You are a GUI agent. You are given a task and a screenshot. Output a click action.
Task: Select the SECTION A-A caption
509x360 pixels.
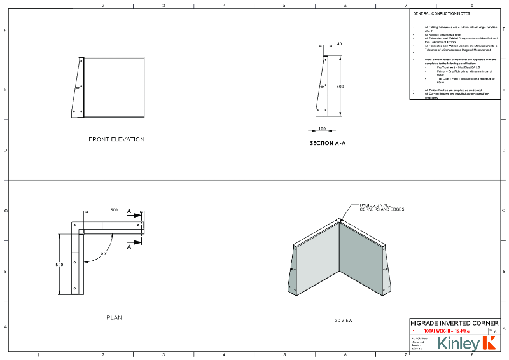click(x=328, y=144)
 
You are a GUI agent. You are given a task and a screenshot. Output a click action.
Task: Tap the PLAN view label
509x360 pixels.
click(x=114, y=317)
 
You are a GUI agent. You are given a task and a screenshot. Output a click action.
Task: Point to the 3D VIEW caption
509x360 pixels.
click(x=344, y=321)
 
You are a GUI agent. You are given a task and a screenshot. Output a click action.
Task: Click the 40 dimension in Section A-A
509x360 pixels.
click(x=339, y=44)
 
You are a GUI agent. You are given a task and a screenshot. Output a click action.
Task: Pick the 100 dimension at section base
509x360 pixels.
click(x=322, y=128)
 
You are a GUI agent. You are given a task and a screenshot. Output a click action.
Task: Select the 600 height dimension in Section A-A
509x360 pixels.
click(x=340, y=86)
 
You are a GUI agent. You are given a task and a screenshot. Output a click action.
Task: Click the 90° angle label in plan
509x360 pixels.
click(x=103, y=253)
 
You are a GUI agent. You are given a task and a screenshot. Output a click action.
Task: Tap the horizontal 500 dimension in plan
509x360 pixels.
click(x=113, y=209)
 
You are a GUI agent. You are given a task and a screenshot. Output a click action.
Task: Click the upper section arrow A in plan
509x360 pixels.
click(x=129, y=211)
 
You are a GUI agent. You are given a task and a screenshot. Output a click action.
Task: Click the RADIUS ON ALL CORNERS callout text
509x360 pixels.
click(x=382, y=207)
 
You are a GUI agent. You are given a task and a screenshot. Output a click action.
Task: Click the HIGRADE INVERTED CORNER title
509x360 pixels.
click(x=454, y=322)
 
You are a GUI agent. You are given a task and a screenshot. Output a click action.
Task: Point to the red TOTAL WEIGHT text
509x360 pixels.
click(x=447, y=331)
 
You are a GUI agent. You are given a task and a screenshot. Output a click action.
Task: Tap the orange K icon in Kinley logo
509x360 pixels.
click(x=489, y=344)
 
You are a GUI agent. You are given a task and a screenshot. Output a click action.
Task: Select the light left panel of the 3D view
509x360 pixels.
click(x=317, y=265)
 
